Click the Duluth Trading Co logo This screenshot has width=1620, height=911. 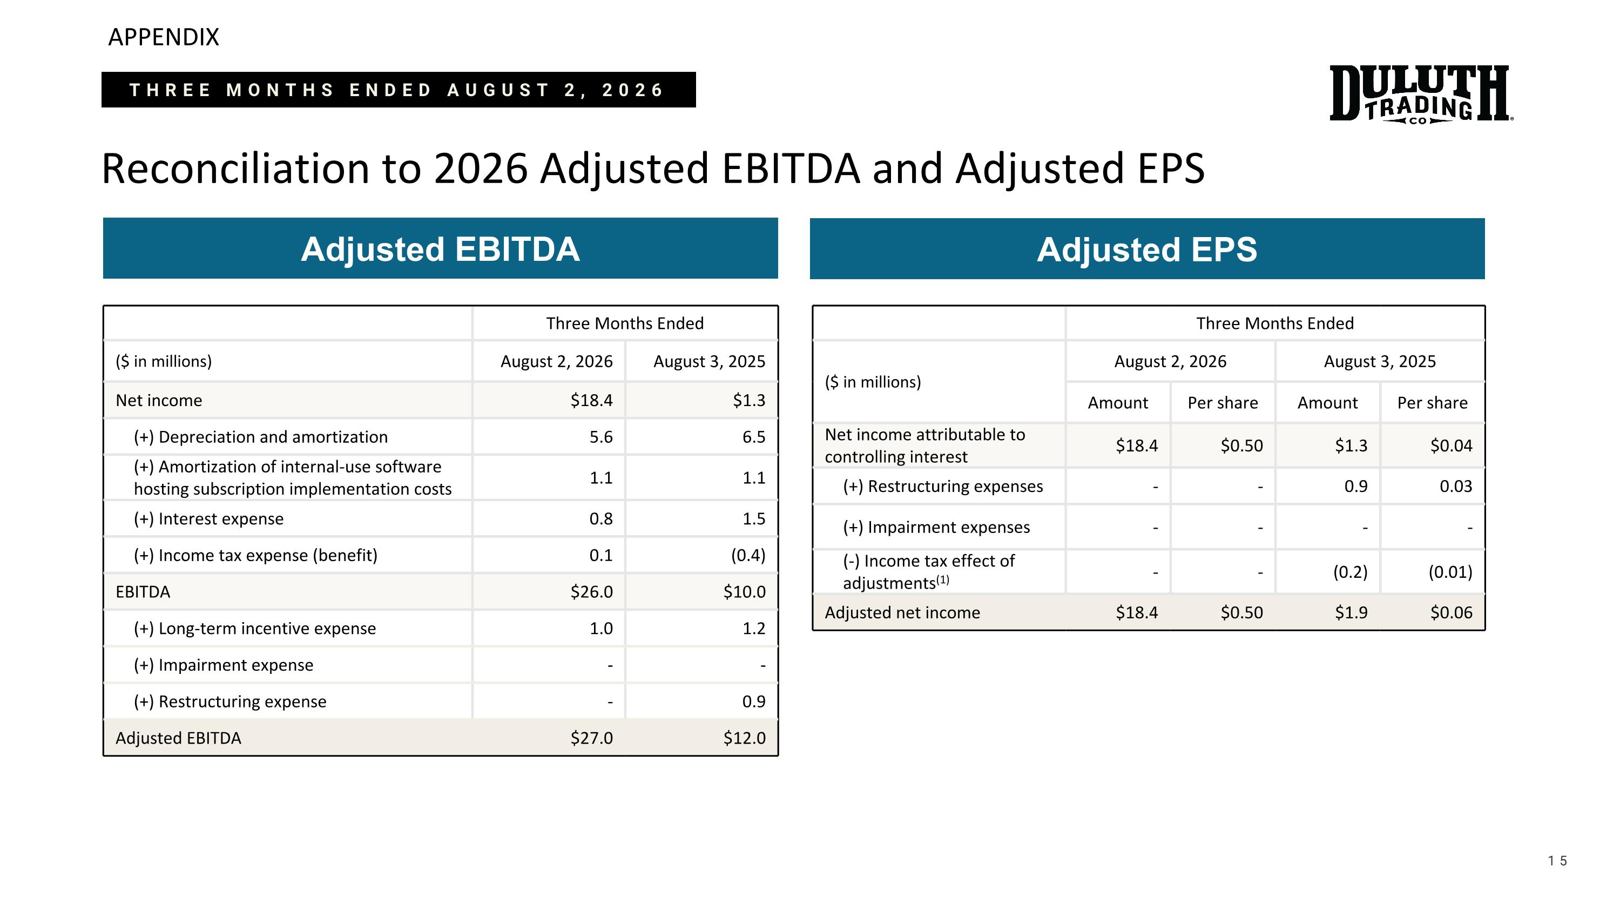(1421, 93)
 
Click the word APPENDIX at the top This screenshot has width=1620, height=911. (164, 37)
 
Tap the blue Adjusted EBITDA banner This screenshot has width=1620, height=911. (440, 248)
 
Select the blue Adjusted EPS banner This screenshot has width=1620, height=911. (1147, 248)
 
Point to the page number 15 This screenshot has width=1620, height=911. (1557, 861)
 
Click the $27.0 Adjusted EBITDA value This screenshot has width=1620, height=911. (591, 738)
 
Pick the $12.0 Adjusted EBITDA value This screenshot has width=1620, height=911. (744, 738)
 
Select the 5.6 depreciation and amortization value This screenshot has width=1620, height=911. (600, 437)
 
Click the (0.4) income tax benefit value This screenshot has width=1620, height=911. (748, 555)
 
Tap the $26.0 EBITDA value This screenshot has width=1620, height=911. (591, 592)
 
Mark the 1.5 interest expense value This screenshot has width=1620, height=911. (753, 519)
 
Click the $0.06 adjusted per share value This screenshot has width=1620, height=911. (1451, 612)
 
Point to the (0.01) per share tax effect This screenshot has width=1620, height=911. (1450, 571)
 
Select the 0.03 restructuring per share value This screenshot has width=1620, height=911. (1456, 486)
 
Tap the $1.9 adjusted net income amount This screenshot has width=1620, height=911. (1351, 612)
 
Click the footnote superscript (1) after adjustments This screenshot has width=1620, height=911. (943, 579)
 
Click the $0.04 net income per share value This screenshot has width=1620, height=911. (1451, 445)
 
